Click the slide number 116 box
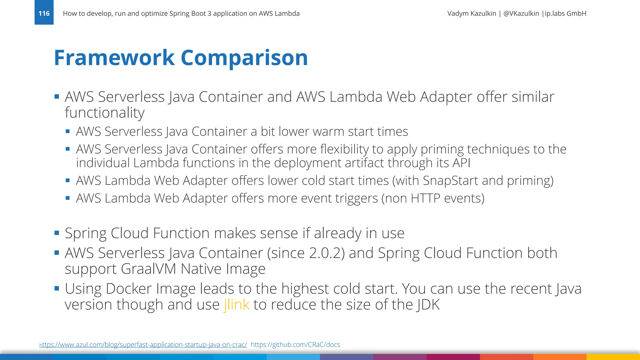coord(44,13)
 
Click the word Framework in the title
coord(114,58)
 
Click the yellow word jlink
coord(237,304)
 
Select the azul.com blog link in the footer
coord(143,345)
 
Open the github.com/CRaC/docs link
coord(295,345)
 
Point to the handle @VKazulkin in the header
coord(521,13)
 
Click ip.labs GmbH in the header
coord(565,13)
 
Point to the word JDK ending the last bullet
coord(428,304)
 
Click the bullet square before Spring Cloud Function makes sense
coord(57,233)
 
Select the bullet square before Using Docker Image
coord(57,288)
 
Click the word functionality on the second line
coord(105,113)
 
